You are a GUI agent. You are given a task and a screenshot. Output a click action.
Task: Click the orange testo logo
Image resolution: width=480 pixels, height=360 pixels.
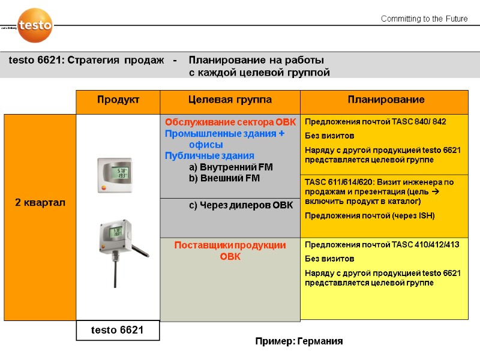tap(35, 25)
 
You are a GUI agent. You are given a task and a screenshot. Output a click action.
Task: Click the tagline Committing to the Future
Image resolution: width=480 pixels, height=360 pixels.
tap(424, 19)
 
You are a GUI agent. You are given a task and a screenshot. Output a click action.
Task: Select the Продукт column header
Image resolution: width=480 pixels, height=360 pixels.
tap(118, 100)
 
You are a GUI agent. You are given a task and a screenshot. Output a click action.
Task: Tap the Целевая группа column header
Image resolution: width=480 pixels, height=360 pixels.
tap(230, 100)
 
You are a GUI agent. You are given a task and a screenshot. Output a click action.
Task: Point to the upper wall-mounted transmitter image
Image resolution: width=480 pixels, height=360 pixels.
tap(115, 175)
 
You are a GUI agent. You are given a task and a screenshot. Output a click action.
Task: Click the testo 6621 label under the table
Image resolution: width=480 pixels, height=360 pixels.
tap(118, 330)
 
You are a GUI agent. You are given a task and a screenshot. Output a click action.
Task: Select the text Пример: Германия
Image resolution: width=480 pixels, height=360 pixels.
tap(299, 341)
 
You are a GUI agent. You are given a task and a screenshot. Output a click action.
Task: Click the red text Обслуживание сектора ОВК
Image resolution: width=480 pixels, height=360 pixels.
tap(230, 122)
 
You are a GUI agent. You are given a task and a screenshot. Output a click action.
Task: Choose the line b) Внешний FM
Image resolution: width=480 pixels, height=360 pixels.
tap(223, 178)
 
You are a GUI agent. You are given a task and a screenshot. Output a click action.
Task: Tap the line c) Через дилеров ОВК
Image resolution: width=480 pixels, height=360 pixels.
tap(241, 205)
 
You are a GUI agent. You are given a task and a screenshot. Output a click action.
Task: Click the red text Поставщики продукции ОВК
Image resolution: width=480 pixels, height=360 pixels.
tap(230, 250)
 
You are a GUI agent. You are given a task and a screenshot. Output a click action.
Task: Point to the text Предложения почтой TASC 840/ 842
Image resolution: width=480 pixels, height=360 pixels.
tap(376, 121)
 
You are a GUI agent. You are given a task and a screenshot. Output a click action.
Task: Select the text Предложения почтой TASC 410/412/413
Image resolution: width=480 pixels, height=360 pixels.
tap(382, 245)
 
